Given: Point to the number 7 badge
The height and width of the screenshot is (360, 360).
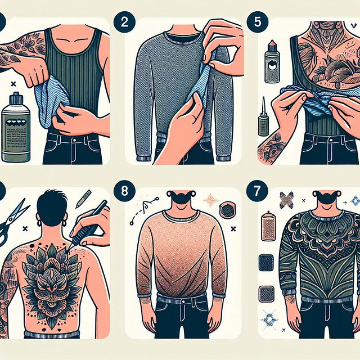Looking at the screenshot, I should [x=257, y=190].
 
